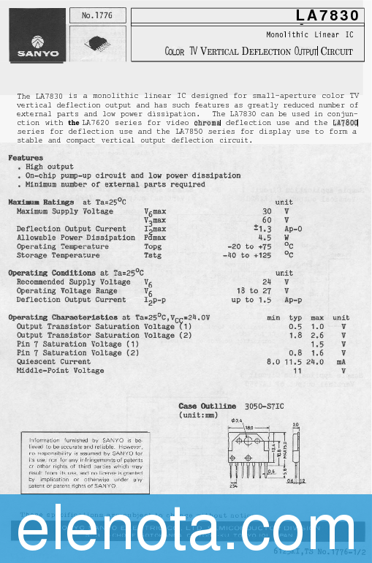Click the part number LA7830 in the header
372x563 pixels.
pos(327,15)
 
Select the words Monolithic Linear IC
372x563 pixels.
pos(309,34)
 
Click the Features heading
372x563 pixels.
pos(26,158)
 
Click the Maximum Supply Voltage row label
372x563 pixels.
pos(65,211)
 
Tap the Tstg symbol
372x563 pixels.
pos(153,255)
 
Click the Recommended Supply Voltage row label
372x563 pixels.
pos(74,281)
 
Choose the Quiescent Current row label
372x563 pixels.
pos(54,361)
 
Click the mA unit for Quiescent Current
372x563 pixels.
pos(341,361)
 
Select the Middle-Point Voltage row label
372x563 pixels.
pos(61,370)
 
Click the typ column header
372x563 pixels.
pos(295,317)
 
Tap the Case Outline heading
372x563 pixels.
pos(208,406)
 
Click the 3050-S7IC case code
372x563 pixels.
pos(264,406)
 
